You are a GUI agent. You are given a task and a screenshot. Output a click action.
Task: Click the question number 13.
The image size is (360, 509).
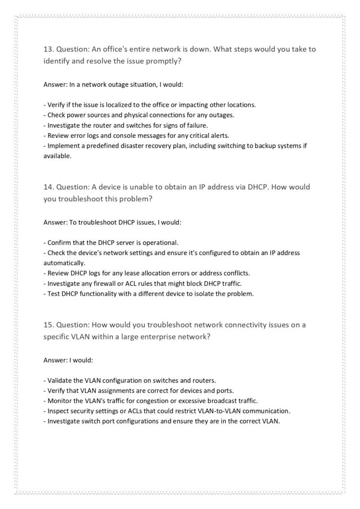point(48,49)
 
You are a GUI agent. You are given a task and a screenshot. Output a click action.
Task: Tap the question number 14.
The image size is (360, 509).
point(48,187)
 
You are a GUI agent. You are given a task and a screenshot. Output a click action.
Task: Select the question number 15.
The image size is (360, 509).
point(48,325)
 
